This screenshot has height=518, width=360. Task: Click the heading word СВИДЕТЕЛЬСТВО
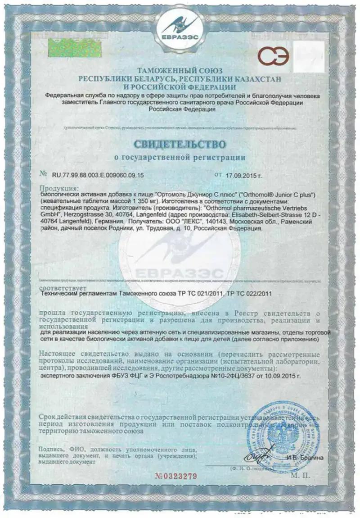pos(180,145)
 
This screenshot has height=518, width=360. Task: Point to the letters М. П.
pos(299,475)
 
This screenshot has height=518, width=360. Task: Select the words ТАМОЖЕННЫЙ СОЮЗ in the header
pos(180,71)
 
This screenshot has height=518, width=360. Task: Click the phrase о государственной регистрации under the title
pos(180,158)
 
